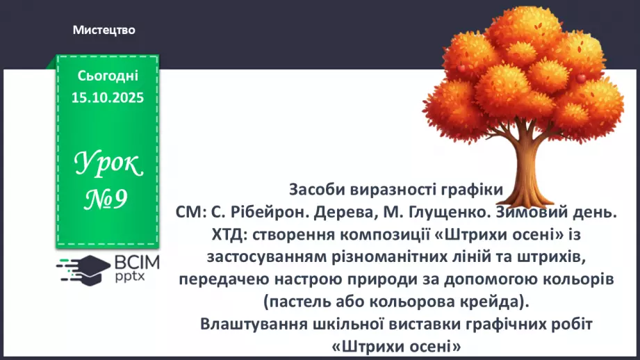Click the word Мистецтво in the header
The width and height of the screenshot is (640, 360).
[104, 30]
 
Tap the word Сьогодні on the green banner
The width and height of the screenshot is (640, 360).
[108, 76]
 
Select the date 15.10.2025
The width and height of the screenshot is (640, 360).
[108, 98]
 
